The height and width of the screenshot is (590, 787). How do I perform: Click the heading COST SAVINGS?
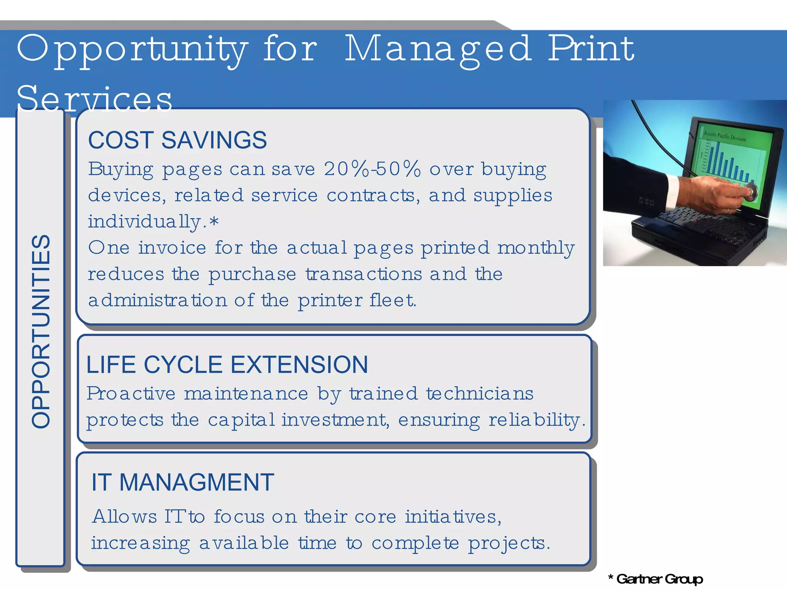(x=177, y=140)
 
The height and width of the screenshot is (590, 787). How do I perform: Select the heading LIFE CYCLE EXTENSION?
(x=227, y=364)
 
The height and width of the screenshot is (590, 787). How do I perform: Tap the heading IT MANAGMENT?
(x=183, y=482)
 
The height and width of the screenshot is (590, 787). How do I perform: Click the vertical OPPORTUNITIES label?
(x=41, y=331)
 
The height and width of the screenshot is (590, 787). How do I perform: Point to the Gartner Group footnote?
(x=656, y=579)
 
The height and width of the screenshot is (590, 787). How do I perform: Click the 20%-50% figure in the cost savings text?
(x=372, y=169)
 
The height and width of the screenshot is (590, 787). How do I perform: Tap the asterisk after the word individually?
(x=214, y=222)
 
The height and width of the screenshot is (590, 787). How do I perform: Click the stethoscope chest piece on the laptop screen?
(x=749, y=191)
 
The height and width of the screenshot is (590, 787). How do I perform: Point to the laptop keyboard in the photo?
(x=703, y=227)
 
